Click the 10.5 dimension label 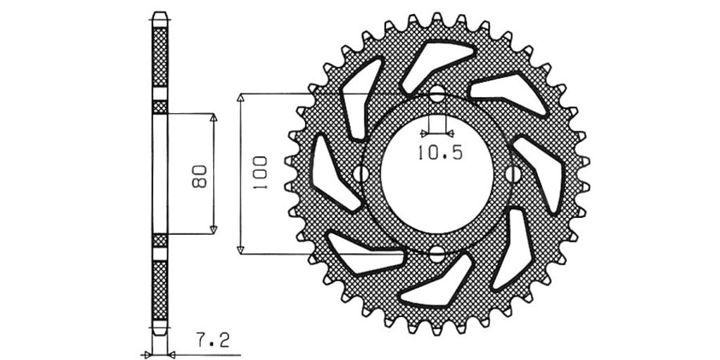click(x=439, y=152)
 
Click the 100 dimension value click(x=259, y=174)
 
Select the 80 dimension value click(x=200, y=176)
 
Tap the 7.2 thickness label click(x=212, y=340)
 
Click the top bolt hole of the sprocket click(x=437, y=94)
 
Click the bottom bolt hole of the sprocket click(x=437, y=253)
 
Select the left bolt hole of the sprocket click(x=361, y=174)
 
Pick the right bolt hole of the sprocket click(x=513, y=174)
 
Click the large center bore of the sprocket click(x=437, y=174)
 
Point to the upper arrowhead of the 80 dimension click(x=213, y=117)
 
